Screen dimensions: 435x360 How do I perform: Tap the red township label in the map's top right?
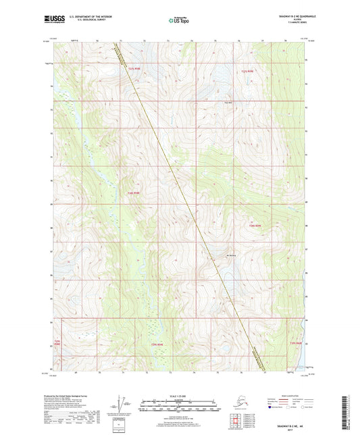tap(249, 71)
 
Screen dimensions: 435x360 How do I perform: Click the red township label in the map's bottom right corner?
tap(295, 343)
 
